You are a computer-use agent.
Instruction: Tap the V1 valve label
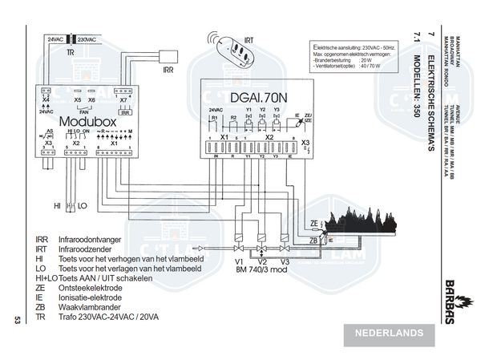coord(239,261)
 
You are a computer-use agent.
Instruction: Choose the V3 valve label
coord(285,261)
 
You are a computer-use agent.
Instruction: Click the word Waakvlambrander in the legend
coord(89,307)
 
